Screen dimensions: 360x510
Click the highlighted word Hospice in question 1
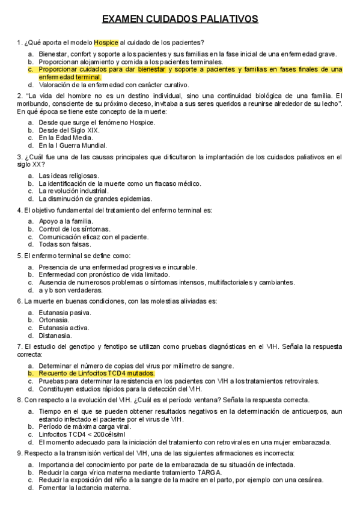(x=106, y=43)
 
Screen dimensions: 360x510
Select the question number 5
(x=19, y=256)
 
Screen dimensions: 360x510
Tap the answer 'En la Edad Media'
(x=66, y=138)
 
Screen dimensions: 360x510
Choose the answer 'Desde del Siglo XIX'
(x=69, y=130)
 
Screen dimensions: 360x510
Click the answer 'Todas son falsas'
(x=65, y=244)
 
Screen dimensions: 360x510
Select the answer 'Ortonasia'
(x=53, y=320)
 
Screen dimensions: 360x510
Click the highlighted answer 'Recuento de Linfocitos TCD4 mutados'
(x=97, y=373)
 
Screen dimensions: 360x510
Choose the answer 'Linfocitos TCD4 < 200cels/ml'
(x=82, y=434)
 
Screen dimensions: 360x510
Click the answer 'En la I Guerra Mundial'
(x=73, y=146)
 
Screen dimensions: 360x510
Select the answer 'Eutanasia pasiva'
(x=65, y=313)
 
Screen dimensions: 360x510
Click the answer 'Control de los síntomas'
(x=75, y=229)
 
